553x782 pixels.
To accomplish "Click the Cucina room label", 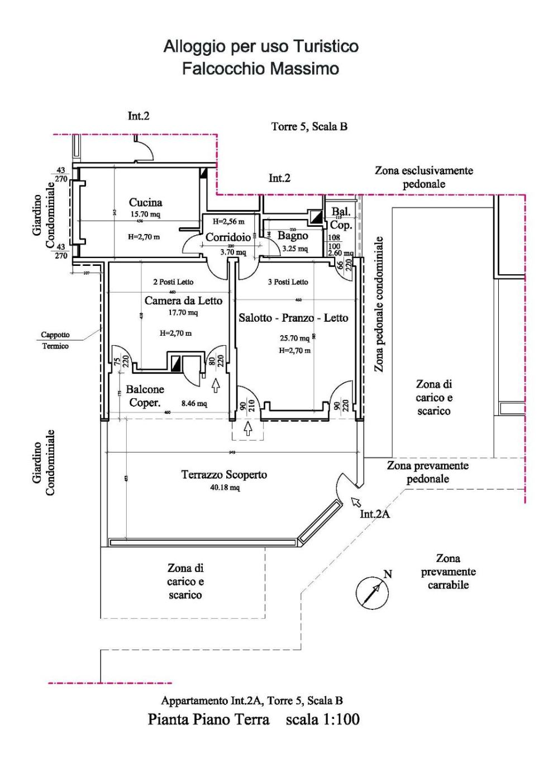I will click(145, 202).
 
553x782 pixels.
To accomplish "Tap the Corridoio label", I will click(228, 237).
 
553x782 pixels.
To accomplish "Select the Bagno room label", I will click(293, 236).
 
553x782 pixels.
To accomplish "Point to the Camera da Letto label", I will click(183, 301).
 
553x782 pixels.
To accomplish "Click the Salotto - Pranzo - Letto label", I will click(293, 318).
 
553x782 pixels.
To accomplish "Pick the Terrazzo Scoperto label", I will click(224, 475).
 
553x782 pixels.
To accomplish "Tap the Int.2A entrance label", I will click(374, 514).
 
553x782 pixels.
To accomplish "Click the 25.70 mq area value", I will click(294, 338).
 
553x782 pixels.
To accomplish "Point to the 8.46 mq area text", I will click(194, 403).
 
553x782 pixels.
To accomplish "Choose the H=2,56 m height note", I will click(228, 222).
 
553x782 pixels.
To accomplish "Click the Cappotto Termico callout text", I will click(55, 340).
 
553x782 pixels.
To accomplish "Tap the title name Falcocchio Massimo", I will click(260, 69).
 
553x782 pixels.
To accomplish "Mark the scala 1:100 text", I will click(322, 719).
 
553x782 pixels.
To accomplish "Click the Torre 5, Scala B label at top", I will click(309, 126).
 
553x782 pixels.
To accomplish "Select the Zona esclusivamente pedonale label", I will click(423, 177).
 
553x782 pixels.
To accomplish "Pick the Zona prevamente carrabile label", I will click(448, 571).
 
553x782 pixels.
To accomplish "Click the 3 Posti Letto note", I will click(288, 282).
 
